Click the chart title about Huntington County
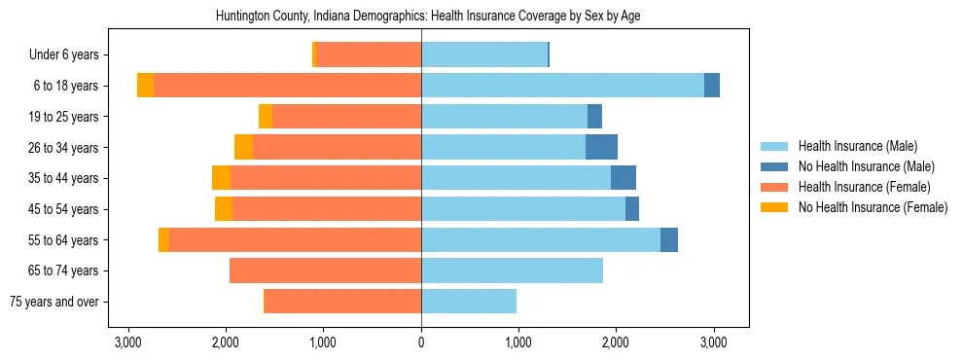(x=421, y=17)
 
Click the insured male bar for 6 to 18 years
(x=562, y=86)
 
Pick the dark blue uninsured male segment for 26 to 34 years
(x=601, y=148)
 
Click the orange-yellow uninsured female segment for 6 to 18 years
(x=145, y=86)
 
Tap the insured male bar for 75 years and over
(x=469, y=302)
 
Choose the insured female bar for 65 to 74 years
(x=325, y=270)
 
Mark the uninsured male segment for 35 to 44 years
(x=624, y=178)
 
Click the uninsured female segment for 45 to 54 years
(x=224, y=209)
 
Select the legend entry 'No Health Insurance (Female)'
(x=873, y=207)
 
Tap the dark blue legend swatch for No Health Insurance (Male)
(x=774, y=166)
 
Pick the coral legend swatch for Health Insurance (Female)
(x=774, y=187)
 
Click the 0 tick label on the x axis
(x=421, y=342)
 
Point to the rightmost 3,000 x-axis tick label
(x=714, y=342)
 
